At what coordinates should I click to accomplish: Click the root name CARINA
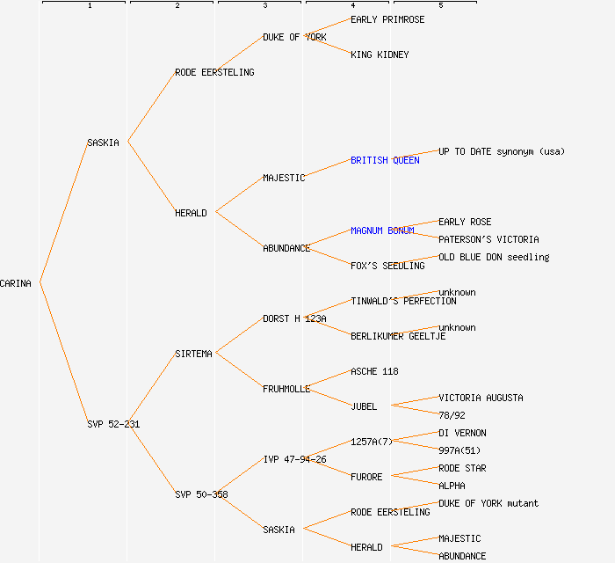coord(16,283)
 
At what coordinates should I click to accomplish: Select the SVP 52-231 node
coord(113,424)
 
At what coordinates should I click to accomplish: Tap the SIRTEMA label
coord(193,354)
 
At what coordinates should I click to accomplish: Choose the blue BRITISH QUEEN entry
coord(385,160)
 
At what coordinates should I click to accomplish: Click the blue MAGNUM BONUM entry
coord(382,230)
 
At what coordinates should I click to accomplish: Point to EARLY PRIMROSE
coord(387,19)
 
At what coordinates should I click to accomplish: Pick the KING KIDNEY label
coord(380,55)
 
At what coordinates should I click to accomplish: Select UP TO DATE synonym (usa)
coord(502,151)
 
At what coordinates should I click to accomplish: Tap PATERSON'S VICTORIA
coord(488,239)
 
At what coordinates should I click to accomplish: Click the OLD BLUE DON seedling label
coord(494,257)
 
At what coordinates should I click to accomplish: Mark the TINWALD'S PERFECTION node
coord(403,301)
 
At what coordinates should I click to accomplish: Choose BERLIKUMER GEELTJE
coord(398,336)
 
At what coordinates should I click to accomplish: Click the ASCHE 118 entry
coord(374,371)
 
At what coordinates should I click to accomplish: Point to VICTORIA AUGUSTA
coord(481,398)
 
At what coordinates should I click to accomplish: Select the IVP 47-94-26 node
coord(294,459)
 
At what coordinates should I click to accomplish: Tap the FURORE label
coord(366,477)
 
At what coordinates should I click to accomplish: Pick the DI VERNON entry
coord(462,433)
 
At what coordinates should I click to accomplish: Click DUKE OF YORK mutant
coord(488,503)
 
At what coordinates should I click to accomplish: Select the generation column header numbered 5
coord(441,6)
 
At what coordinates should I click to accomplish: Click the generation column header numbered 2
coord(177,6)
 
